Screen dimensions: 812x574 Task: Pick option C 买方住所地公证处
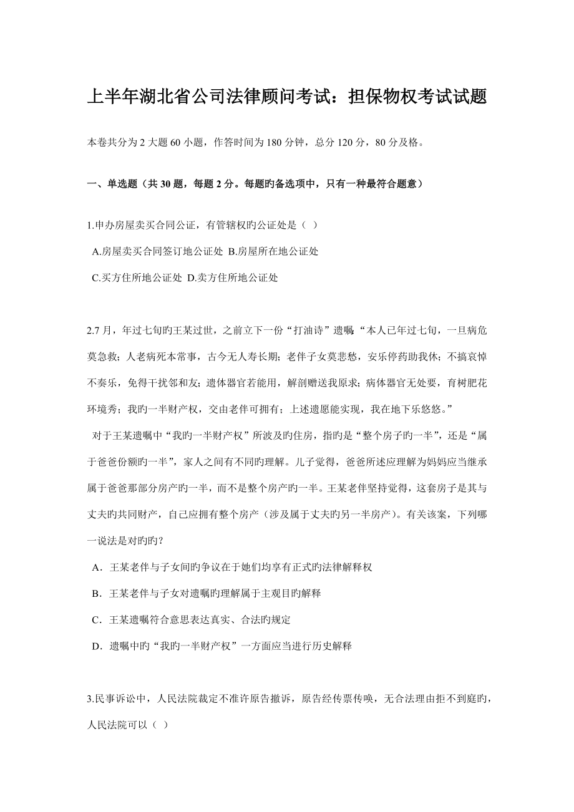click(137, 278)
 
